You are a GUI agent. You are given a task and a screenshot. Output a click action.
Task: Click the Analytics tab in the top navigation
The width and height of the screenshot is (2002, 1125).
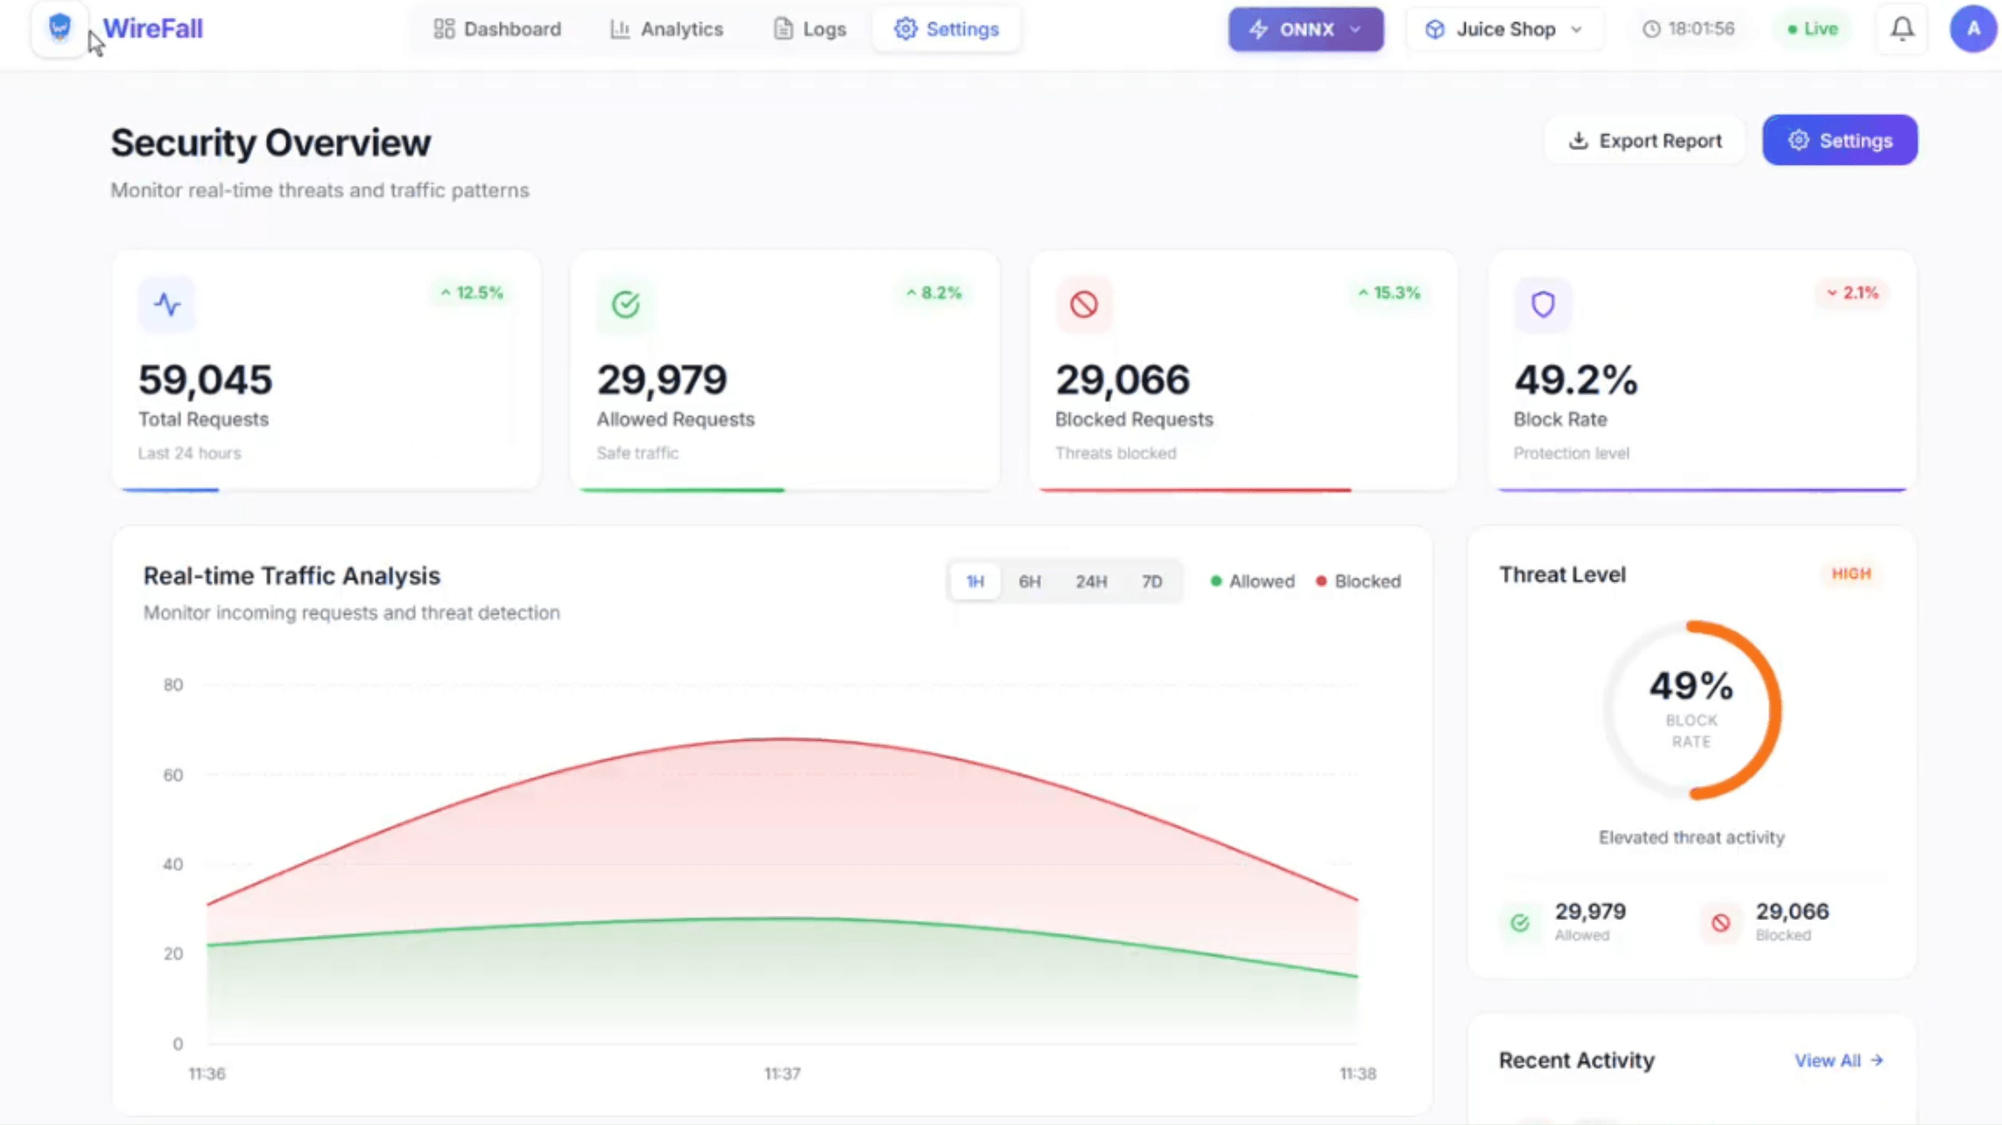[667, 29]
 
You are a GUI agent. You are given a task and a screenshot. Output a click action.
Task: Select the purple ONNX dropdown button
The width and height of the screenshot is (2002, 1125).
[1305, 29]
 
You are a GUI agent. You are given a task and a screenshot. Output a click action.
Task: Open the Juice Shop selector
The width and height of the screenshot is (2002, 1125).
[1503, 29]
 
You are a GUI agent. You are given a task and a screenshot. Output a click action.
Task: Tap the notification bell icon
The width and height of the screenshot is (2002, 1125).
[1901, 29]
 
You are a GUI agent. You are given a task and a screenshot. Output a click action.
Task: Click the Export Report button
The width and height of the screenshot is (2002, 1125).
[1644, 141]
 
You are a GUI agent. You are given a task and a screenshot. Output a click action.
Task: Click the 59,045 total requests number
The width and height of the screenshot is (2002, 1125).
[205, 380]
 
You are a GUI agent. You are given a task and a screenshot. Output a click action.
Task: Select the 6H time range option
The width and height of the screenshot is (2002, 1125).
[1029, 581]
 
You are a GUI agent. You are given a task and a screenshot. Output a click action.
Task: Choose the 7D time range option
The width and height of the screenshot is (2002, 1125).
[1151, 581]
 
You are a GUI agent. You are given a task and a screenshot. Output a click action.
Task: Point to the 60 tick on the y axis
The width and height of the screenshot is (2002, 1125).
[172, 774]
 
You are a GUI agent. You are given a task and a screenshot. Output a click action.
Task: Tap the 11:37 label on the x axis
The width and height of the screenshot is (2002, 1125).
[782, 1073]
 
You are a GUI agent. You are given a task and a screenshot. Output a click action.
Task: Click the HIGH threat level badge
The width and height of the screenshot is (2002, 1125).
[1851, 573]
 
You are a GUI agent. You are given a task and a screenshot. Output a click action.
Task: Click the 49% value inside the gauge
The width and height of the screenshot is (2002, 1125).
[1690, 686]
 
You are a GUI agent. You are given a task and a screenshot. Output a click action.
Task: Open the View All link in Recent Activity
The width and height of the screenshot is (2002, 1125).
[1837, 1061]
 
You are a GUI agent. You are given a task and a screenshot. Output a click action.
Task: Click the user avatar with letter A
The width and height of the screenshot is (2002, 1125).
[1973, 29]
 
